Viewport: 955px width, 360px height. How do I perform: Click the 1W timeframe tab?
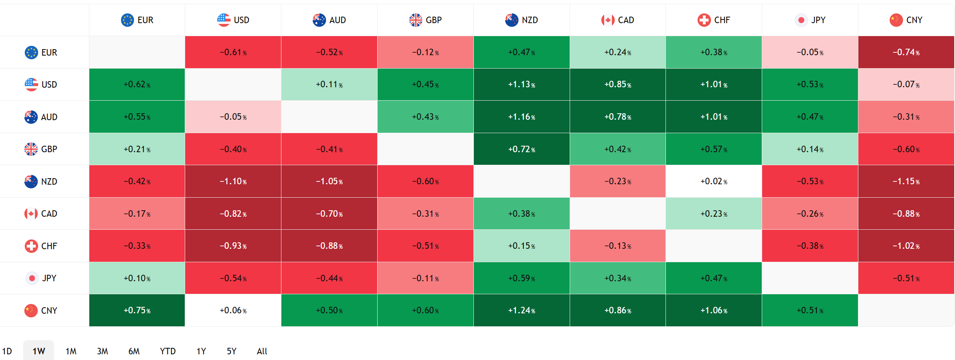coord(39,351)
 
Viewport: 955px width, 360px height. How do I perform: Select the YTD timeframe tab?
coord(168,351)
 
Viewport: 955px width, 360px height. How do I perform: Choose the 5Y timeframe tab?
coord(231,351)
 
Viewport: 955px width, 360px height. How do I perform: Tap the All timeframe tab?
coord(262,351)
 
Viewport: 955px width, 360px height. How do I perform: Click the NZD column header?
coord(521,20)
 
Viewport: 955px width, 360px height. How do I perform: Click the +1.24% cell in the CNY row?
coord(521,310)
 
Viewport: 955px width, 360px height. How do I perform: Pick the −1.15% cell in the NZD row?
coord(906,181)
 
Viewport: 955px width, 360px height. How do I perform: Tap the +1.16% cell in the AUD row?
coord(521,117)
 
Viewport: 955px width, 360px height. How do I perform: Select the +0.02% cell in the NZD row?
coord(713,181)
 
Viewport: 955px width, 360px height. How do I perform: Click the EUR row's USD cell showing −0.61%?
coord(233,52)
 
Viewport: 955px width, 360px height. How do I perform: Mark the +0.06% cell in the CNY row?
coord(233,310)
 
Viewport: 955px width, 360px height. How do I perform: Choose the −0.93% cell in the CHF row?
coord(233,246)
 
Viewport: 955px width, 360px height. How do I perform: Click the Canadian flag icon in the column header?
coord(607,20)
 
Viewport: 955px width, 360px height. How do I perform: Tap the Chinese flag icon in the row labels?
coord(31,310)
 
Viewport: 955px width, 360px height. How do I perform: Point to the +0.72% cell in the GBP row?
coord(521,149)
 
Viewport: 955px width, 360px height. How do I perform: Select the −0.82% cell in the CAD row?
coord(233,213)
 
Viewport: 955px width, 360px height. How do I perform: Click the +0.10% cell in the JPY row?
coord(137,278)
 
